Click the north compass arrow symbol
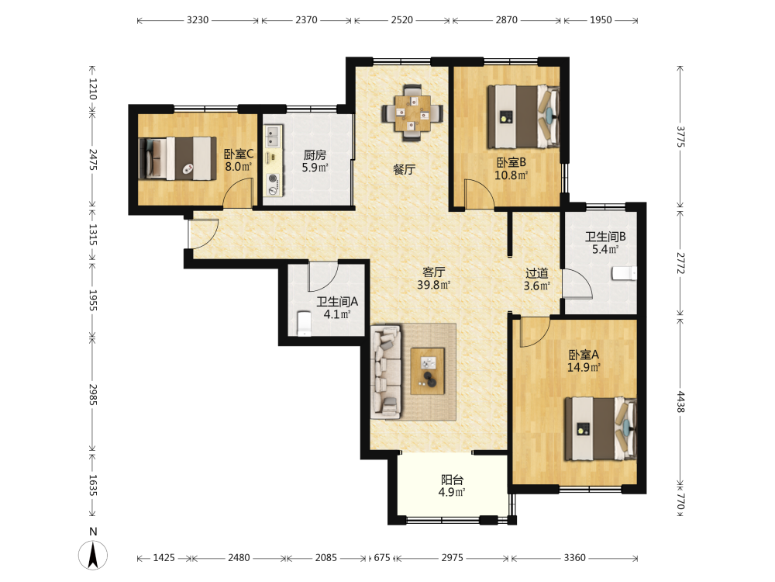[x=92, y=555]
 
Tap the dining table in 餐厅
[x=412, y=113]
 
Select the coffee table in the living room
[x=428, y=371]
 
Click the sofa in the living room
[x=386, y=372]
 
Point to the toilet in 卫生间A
[x=304, y=323]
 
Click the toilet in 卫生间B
[x=624, y=273]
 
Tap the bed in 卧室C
[x=177, y=158]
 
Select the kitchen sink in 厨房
[x=273, y=137]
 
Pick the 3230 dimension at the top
[x=198, y=20]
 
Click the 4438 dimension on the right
[x=680, y=401]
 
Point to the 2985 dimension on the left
[x=93, y=394]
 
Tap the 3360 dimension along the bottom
[x=574, y=558]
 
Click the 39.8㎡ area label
[x=433, y=285]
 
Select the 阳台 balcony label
[x=452, y=479]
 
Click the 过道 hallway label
[x=536, y=272]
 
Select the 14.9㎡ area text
[x=584, y=367]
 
